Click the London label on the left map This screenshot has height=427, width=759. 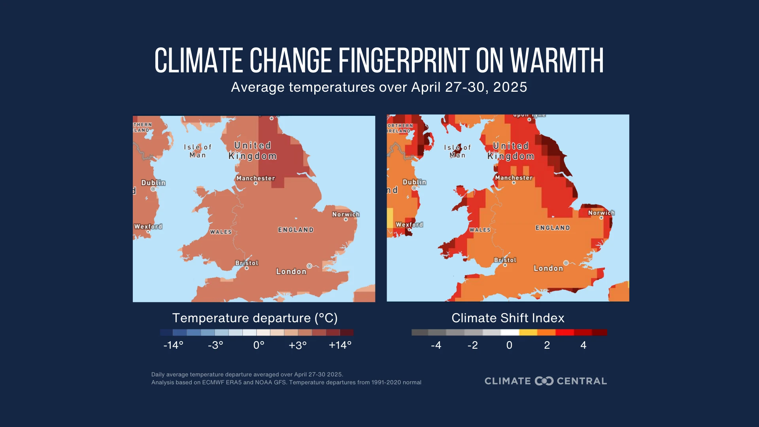pyautogui.click(x=291, y=272)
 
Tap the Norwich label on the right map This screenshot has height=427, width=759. pyautogui.click(x=601, y=213)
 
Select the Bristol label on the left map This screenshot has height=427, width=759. pyautogui.click(x=247, y=263)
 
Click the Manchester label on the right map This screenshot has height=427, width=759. pyautogui.click(x=514, y=178)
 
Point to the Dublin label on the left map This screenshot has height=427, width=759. pyautogui.click(x=153, y=183)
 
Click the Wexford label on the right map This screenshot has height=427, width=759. pyautogui.click(x=409, y=225)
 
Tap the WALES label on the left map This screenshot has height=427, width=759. pyautogui.click(x=221, y=232)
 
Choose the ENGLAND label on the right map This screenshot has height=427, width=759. pyautogui.click(x=553, y=228)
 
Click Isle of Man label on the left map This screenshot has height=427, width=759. pyautogui.click(x=198, y=151)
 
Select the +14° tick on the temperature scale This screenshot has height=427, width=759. pyautogui.click(x=340, y=345)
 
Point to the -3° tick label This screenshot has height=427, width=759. pyautogui.click(x=215, y=345)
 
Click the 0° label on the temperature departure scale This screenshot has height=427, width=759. pyautogui.click(x=259, y=345)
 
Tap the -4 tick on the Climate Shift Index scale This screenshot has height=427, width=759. pyautogui.click(x=436, y=345)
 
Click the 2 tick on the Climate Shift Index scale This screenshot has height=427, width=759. pyautogui.click(x=547, y=345)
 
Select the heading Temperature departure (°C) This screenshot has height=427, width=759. pyautogui.click(x=255, y=318)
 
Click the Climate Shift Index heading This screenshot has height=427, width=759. pyautogui.click(x=508, y=318)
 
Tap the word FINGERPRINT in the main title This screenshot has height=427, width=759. pyautogui.click(x=403, y=61)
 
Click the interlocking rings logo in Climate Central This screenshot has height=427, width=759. pyautogui.click(x=544, y=381)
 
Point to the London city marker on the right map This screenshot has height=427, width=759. pyautogui.click(x=566, y=263)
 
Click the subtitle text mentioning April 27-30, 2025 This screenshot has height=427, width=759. pyautogui.click(x=379, y=87)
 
